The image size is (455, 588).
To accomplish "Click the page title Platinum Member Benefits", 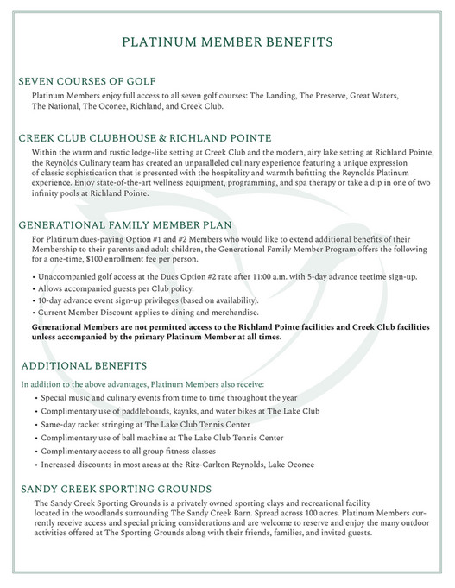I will tap(226, 41).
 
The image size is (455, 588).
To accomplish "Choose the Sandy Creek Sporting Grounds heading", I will tap(117, 489).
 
